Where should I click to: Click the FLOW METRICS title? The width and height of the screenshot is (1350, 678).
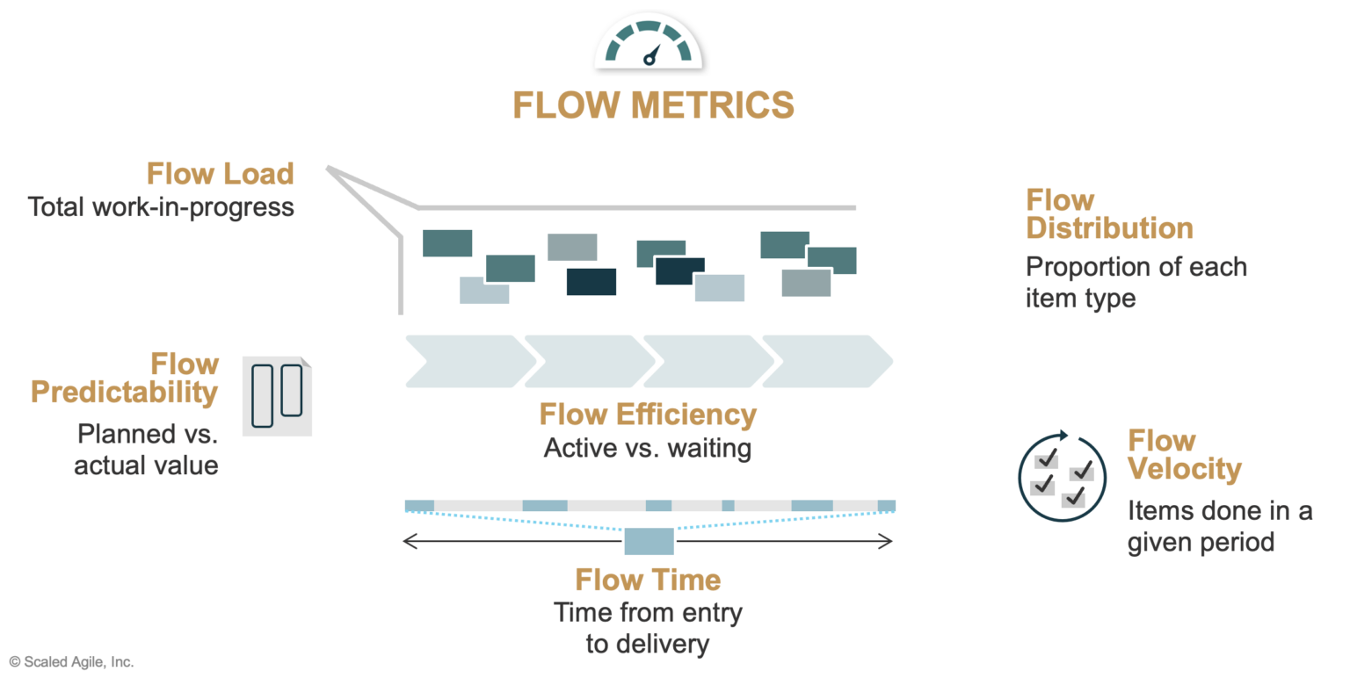(653, 105)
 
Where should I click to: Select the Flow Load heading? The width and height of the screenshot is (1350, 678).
(220, 173)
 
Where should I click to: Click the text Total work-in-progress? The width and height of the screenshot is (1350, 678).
(161, 207)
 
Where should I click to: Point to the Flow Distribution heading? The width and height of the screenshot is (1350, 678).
(1109, 213)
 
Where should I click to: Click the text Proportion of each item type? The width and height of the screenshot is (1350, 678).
(1136, 282)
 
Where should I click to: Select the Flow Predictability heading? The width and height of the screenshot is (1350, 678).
(125, 378)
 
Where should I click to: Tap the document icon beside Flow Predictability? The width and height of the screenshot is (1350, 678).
(277, 396)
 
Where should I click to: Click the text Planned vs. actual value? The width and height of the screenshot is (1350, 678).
(146, 449)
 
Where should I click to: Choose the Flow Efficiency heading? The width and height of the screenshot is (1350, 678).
(648, 414)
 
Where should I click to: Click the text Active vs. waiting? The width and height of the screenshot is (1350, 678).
(648, 448)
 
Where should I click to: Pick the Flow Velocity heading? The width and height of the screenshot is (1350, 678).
(1184, 454)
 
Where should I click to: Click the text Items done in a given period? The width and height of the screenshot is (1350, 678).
(1219, 525)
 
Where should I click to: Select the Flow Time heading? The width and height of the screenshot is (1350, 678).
(648, 580)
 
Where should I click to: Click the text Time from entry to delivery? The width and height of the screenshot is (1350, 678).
(648, 627)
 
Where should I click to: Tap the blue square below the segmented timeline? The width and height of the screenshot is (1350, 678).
(649, 541)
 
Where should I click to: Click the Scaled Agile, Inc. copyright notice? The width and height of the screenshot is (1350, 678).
(71, 661)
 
